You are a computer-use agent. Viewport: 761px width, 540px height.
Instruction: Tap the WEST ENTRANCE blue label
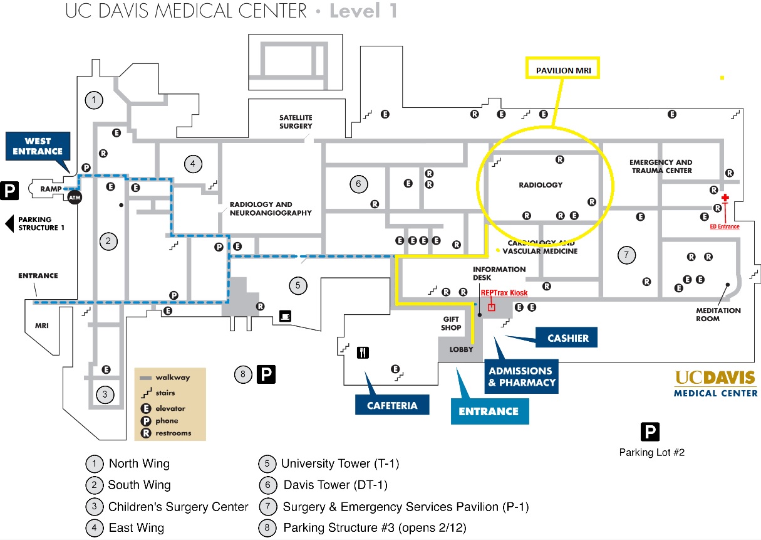pos(38,146)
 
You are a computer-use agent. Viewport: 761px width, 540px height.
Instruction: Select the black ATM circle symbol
pos(75,197)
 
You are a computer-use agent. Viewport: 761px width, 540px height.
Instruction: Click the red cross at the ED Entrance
pos(725,198)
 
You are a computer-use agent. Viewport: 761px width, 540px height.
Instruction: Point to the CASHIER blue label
pos(567,338)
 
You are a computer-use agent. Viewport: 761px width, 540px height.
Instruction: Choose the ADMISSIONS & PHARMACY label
pos(520,376)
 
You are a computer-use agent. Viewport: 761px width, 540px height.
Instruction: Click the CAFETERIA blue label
pos(392,405)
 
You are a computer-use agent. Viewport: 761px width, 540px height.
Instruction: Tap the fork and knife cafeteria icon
pos(363,352)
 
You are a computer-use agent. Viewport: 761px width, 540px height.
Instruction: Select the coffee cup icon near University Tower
pos(285,316)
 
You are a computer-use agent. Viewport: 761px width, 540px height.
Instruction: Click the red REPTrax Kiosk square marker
pos(492,307)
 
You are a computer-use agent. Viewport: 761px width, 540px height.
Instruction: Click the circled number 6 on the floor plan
pos(358,184)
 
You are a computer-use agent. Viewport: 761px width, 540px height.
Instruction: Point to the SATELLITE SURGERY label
pos(296,122)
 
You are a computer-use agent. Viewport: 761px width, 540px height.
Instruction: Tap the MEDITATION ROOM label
pos(718,314)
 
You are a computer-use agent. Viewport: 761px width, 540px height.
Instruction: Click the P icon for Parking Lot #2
pos(650,431)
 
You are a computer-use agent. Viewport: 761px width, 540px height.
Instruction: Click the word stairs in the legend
pos(165,393)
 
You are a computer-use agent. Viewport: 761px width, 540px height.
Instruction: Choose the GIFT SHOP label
pos(451,323)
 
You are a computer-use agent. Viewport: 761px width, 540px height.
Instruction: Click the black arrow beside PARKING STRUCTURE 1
pos(9,224)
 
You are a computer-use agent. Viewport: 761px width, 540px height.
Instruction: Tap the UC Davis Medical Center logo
pos(715,383)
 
